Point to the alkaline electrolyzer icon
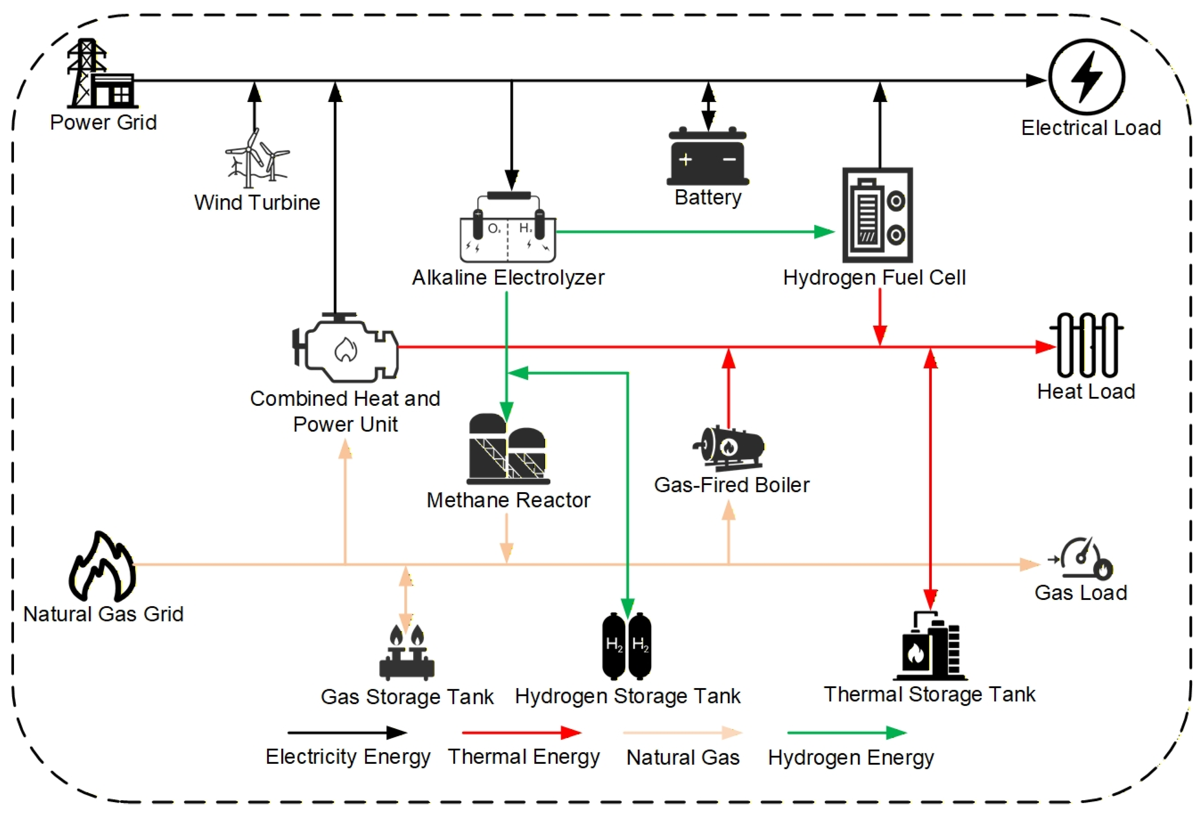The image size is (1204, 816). pos(508,228)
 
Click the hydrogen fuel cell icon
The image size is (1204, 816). pos(877,215)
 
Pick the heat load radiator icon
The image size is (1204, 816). pos(1086,345)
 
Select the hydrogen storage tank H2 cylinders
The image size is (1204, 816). pos(626,646)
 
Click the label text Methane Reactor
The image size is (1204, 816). pos(508,500)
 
